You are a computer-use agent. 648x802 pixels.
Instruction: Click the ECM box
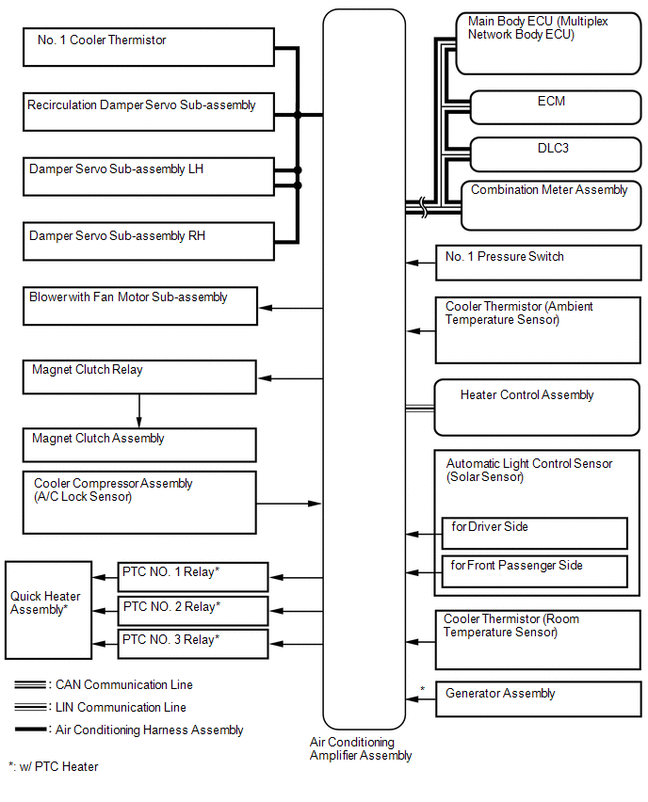(556, 107)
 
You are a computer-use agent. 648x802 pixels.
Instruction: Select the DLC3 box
(556, 154)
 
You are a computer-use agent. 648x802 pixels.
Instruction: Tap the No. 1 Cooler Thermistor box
(149, 47)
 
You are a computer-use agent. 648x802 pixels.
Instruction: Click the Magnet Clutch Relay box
(139, 377)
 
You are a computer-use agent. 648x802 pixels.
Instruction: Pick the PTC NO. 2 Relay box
(193, 610)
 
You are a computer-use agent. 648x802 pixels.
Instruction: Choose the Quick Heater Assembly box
(49, 610)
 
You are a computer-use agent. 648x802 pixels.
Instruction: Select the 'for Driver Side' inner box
(534, 533)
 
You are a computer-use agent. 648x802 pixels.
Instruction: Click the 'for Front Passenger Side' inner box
(534, 571)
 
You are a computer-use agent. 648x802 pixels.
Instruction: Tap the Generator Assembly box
(538, 698)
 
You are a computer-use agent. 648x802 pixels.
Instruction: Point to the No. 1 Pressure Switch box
(538, 263)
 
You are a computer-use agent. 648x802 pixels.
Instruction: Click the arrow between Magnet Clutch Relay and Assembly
(139, 410)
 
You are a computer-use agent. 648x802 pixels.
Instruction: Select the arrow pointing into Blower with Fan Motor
(291, 308)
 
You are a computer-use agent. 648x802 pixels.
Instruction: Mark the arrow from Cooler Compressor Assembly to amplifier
(289, 504)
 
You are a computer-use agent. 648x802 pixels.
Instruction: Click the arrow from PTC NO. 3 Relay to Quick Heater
(105, 644)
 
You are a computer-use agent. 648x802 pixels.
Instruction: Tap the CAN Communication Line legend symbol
(31, 684)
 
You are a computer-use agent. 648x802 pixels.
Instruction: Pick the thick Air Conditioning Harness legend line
(31, 730)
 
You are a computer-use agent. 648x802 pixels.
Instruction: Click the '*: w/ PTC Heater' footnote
(54, 766)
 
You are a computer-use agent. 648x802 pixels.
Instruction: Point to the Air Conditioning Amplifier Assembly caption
(361, 748)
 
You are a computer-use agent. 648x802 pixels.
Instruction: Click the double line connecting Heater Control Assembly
(420, 409)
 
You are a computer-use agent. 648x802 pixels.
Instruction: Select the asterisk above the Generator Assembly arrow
(422, 689)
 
